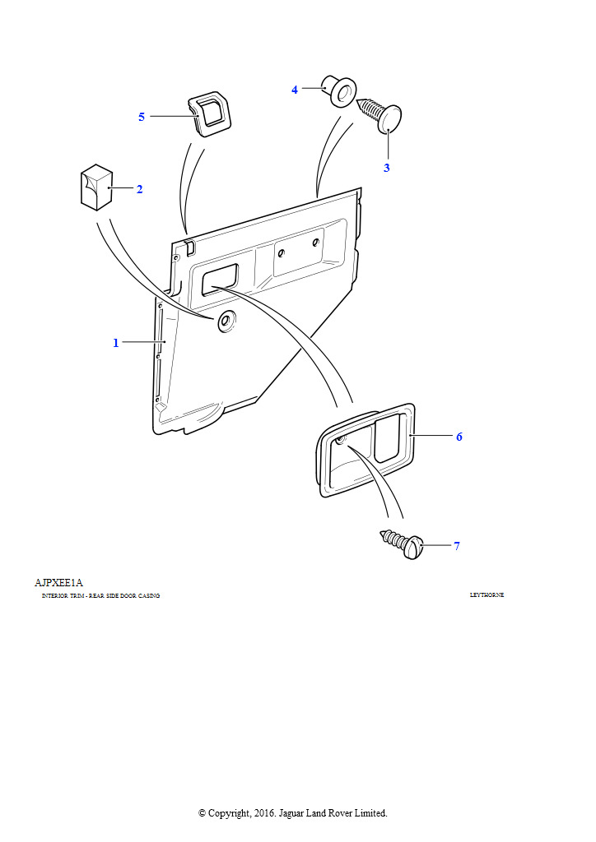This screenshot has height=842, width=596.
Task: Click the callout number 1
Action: pyautogui.click(x=116, y=342)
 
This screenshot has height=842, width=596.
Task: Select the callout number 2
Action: pyautogui.click(x=139, y=189)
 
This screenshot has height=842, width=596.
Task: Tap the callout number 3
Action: pyautogui.click(x=386, y=168)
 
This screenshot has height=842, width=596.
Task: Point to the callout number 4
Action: pyautogui.click(x=295, y=90)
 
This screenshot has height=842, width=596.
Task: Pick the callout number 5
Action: pyautogui.click(x=142, y=117)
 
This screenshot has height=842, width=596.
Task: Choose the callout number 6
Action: pyautogui.click(x=459, y=437)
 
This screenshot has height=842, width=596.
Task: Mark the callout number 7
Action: pyautogui.click(x=456, y=546)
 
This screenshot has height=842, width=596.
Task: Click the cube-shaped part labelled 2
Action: pyautogui.click(x=96, y=187)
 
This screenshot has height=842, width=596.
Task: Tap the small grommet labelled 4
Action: pyautogui.click(x=338, y=90)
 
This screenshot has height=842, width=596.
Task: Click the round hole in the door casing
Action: pyautogui.click(x=225, y=322)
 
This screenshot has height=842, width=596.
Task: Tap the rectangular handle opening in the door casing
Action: pyautogui.click(x=219, y=278)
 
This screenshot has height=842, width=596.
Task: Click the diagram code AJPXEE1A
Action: pyautogui.click(x=58, y=583)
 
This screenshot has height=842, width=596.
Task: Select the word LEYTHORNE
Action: pyautogui.click(x=487, y=595)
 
